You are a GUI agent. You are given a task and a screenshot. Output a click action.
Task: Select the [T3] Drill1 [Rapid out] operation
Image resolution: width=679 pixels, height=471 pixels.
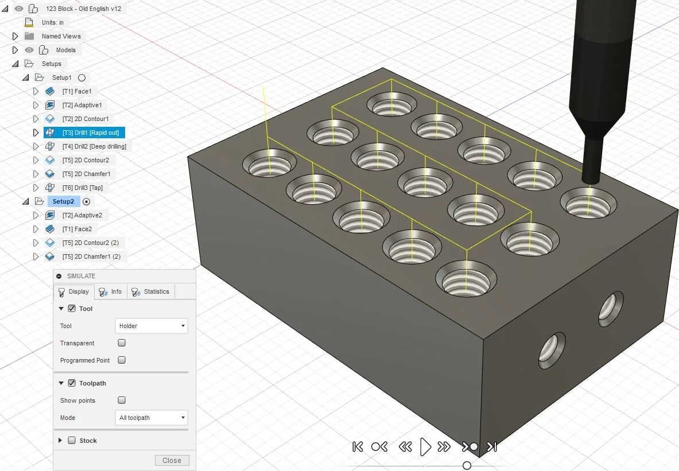pyautogui.click(x=91, y=133)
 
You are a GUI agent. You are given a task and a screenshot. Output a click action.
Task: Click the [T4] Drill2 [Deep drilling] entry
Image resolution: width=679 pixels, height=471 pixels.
pyautogui.click(x=94, y=146)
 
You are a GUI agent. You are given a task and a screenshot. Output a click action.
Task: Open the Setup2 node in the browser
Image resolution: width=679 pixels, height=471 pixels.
pyautogui.click(x=63, y=201)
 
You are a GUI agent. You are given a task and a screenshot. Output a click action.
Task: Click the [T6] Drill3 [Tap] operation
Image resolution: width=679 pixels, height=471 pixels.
pyautogui.click(x=83, y=188)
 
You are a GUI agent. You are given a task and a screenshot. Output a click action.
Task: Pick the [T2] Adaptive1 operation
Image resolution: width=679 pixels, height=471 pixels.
pyautogui.click(x=82, y=105)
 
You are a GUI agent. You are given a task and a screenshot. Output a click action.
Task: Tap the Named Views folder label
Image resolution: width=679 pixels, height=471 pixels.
pyautogui.click(x=61, y=36)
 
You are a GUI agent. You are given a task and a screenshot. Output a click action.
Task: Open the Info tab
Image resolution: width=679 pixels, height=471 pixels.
pyautogui.click(x=111, y=292)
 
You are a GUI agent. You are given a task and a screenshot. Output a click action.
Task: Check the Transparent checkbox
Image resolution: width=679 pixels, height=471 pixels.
pyautogui.click(x=122, y=343)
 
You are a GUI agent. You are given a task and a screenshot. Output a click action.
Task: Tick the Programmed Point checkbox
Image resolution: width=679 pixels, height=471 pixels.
pyautogui.click(x=122, y=360)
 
